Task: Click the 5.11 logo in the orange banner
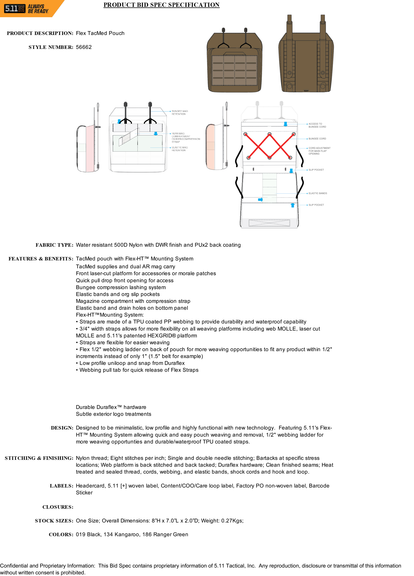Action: pyautogui.click(x=15, y=9)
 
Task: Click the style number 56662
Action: pyautogui.click(x=84, y=47)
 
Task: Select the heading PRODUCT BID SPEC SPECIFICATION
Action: pyautogui.click(x=161, y=5)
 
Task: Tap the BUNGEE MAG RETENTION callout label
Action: pyautogui.click(x=180, y=113)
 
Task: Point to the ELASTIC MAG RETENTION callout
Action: pyautogui.click(x=180, y=149)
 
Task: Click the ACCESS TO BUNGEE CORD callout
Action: pyautogui.click(x=317, y=125)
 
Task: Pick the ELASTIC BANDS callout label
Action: pyautogui.click(x=318, y=193)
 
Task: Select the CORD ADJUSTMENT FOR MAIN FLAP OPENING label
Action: pyautogui.click(x=319, y=151)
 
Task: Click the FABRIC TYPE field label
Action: pyautogui.click(x=54, y=245)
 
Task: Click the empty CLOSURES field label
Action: pyautogui.click(x=58, y=507)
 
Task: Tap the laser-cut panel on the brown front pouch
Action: pyautogui.click(x=234, y=70)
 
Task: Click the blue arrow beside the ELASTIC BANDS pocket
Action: pyautogui.click(x=260, y=200)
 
